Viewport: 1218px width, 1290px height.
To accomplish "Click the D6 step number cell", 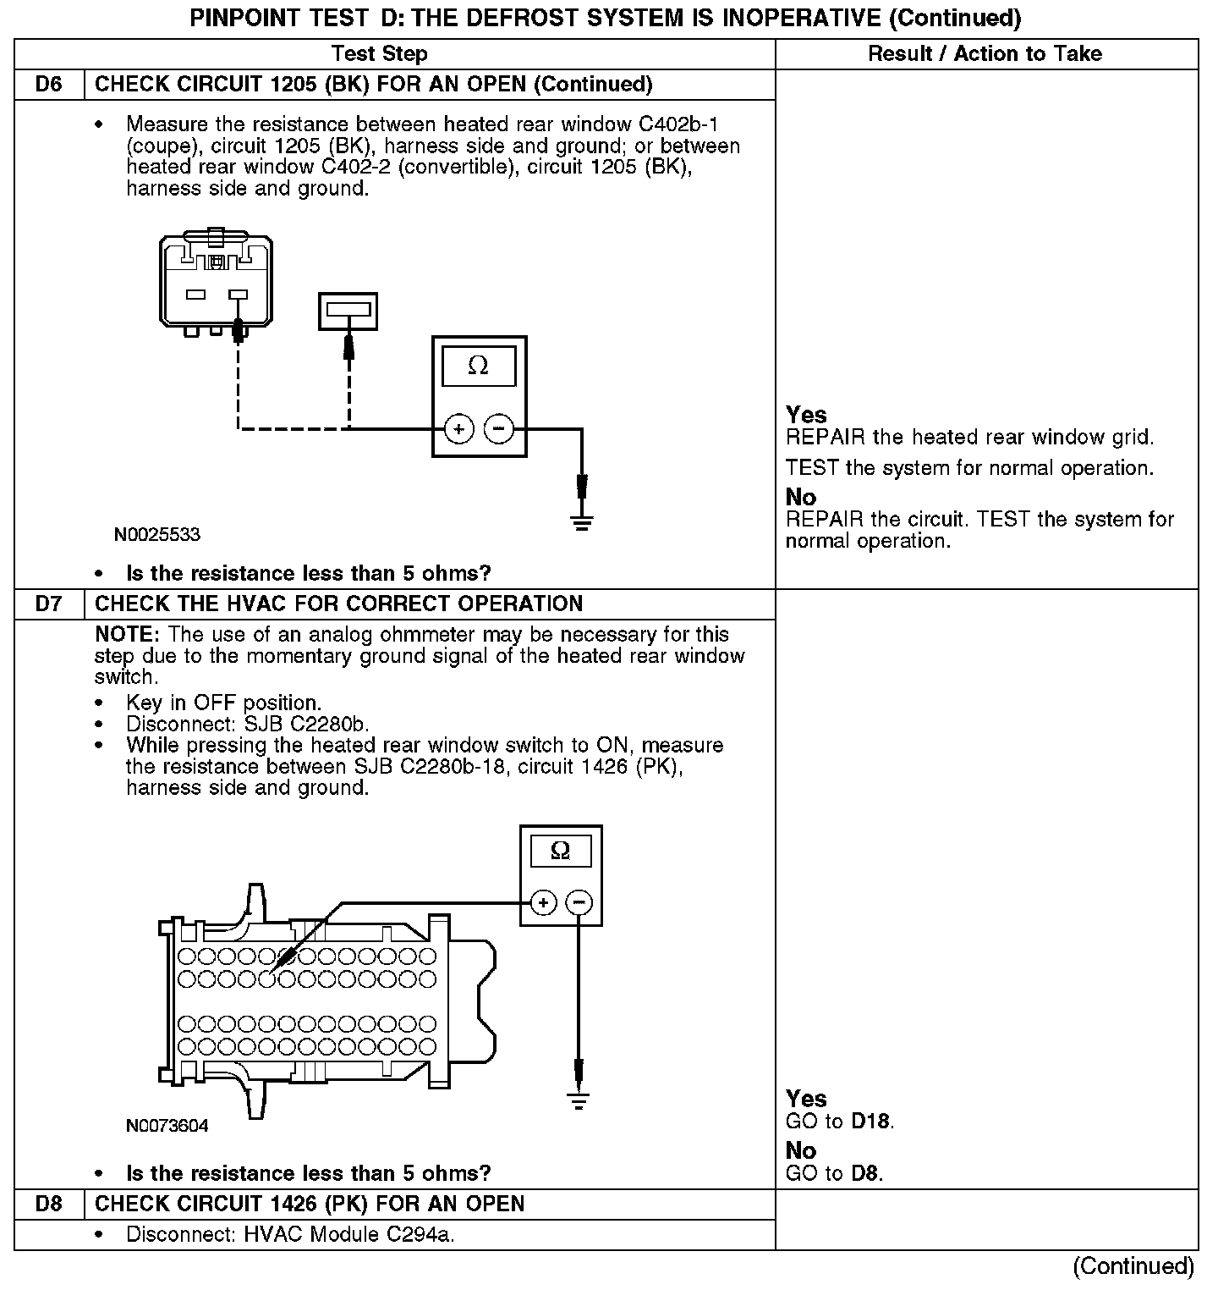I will [49, 85].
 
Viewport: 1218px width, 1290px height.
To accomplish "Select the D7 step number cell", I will [49, 604].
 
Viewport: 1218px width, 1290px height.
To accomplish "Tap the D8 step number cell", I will [49, 1204].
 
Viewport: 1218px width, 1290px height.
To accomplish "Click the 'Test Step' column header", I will [379, 54].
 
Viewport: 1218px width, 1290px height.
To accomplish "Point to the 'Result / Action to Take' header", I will [985, 54].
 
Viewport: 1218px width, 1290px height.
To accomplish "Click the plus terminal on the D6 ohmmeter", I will [458, 430].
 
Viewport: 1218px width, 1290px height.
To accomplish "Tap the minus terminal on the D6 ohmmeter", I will [498, 430].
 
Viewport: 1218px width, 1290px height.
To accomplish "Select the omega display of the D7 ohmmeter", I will [560, 851].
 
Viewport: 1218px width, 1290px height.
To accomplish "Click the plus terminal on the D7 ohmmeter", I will [543, 903].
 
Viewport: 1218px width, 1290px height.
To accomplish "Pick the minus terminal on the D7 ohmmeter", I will [579, 903].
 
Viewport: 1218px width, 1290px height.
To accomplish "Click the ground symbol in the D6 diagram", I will [582, 520].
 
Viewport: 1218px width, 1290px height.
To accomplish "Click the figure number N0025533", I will [157, 535].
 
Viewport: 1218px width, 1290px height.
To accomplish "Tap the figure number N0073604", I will [167, 1126].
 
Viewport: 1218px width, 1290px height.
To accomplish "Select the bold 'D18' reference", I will [871, 1122].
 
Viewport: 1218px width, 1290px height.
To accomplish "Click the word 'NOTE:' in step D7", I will [128, 635].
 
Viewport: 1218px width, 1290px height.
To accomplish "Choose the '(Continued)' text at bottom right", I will [1133, 1266].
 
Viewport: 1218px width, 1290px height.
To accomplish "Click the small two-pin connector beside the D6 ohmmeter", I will [348, 311].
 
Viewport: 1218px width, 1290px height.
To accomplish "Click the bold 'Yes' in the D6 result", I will [806, 415].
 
